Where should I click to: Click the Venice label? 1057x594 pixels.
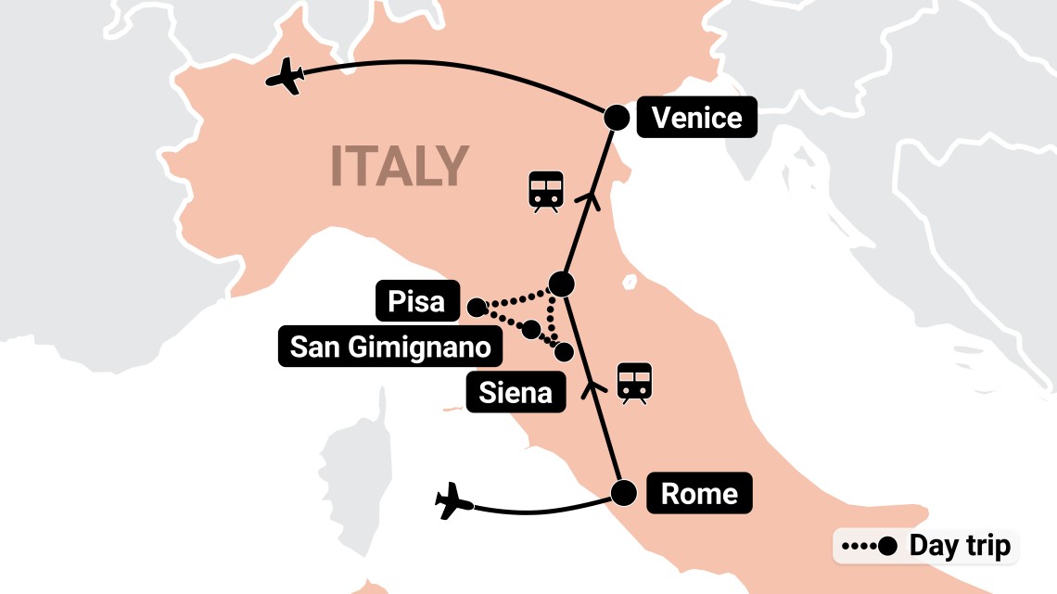pos(696,118)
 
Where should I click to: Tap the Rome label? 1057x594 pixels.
pos(699,493)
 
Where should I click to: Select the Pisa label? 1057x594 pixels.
pos(416,301)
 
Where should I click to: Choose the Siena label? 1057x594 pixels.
pos(516,393)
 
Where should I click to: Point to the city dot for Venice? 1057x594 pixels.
pos(617,118)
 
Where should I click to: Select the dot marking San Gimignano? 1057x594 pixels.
pos(531,329)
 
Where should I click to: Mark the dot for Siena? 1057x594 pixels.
pos(563,351)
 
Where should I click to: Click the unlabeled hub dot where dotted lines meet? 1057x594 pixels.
pos(561,283)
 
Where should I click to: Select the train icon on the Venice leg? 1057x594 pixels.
pos(545,192)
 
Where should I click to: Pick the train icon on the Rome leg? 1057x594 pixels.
pos(635,382)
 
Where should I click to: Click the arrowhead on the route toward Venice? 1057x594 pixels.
pos(586,196)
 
